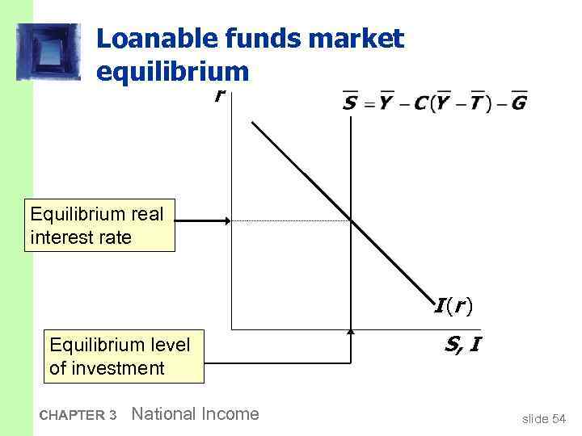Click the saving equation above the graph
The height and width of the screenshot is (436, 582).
point(434,103)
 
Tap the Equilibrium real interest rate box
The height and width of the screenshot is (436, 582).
point(99,227)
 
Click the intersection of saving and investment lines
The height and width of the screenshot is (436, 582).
point(351,220)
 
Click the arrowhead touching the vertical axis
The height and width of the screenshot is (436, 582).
point(227,220)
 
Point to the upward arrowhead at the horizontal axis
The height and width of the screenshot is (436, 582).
point(351,332)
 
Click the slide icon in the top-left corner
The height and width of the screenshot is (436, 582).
point(48,51)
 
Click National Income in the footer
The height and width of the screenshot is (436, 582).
point(195,414)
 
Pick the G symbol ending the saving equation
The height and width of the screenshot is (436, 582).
point(519,103)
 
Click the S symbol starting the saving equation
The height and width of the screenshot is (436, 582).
point(349,103)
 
